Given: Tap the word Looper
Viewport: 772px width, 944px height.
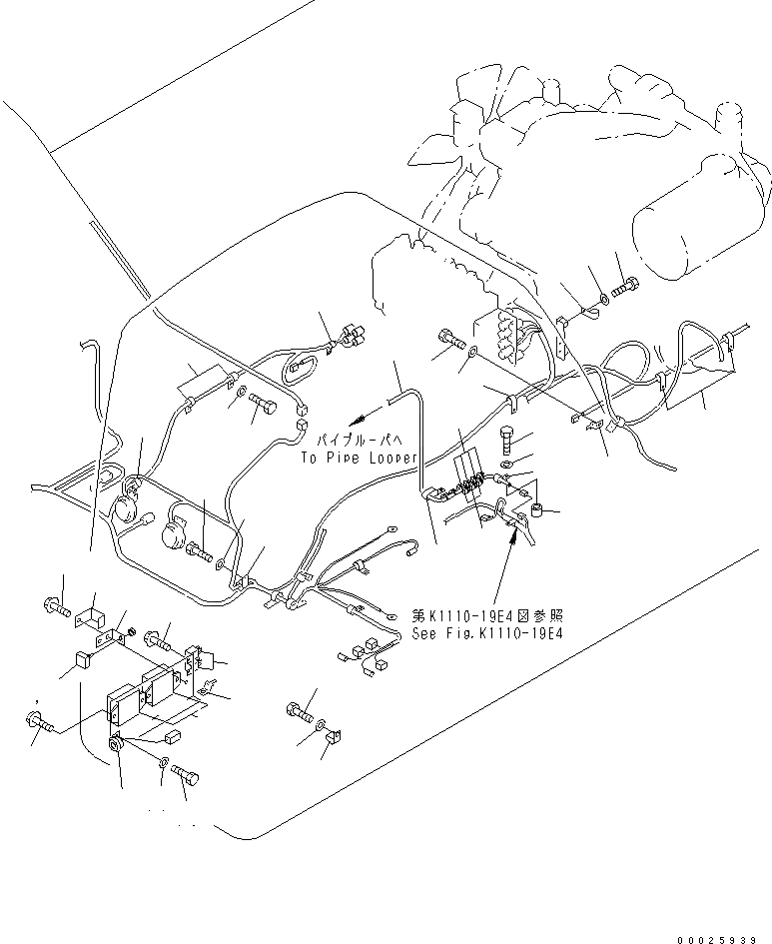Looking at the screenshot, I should [x=390, y=459].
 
